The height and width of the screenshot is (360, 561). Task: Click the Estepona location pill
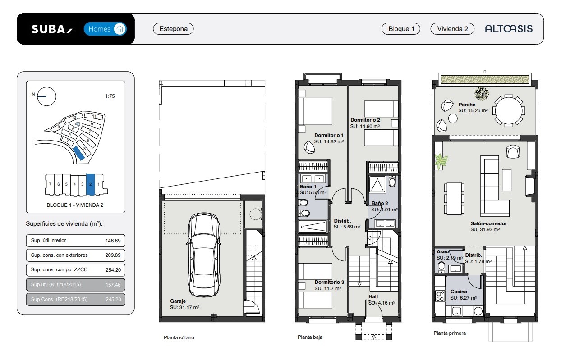[x=173, y=29]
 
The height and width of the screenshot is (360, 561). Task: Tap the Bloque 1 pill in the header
[x=401, y=29]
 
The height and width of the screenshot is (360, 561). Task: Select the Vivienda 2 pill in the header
[x=452, y=29]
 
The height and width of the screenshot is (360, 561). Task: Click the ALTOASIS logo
[x=509, y=28]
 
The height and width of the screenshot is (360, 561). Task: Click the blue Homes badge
[x=105, y=29]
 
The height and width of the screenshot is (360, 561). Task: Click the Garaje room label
[x=178, y=301]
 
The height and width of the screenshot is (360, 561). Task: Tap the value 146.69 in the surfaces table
[x=113, y=241]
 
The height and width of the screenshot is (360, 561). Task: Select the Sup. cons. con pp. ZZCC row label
[x=59, y=269]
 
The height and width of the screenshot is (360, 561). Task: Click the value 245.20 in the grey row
[x=113, y=299]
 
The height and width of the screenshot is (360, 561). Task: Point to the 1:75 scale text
[x=110, y=96]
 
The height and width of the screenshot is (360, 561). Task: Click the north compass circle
[x=46, y=96]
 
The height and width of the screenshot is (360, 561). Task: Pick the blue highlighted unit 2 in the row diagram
[x=90, y=184]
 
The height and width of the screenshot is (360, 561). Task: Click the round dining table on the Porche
[x=509, y=110]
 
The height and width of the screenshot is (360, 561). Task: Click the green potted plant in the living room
[x=441, y=161]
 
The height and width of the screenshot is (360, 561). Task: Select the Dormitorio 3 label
[x=329, y=282]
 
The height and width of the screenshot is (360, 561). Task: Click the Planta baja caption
[x=310, y=337]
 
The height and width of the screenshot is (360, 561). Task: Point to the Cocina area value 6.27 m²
[x=464, y=298]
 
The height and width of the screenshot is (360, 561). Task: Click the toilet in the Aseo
[x=441, y=266]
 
